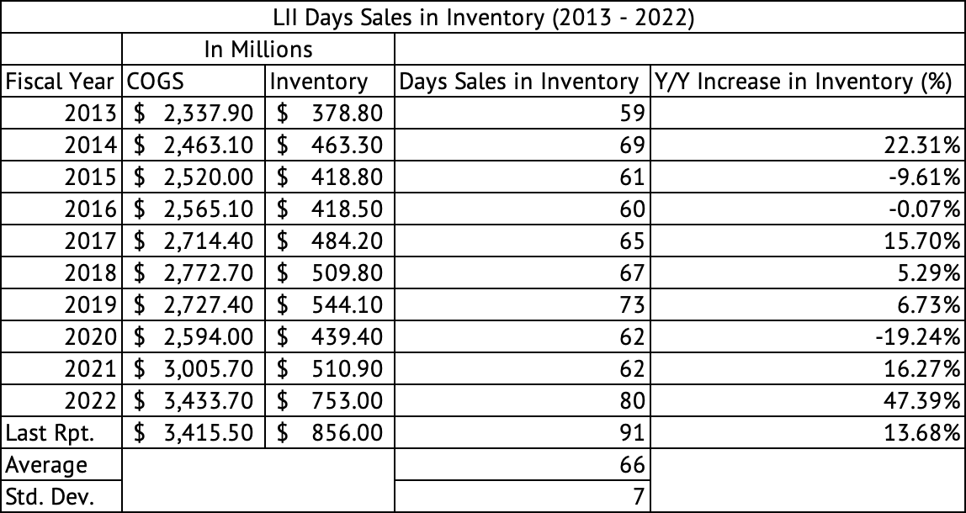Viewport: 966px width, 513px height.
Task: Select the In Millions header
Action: click(x=258, y=49)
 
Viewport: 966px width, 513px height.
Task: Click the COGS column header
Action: click(x=155, y=82)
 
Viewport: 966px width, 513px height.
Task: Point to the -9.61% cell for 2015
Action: click(x=931, y=177)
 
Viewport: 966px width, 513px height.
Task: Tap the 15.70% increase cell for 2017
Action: click(x=928, y=241)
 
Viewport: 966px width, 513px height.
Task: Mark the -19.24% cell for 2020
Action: click(x=926, y=337)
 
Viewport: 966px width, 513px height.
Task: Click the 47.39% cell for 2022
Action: click(x=928, y=401)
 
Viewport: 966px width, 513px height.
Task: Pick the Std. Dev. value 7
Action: click(x=637, y=496)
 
